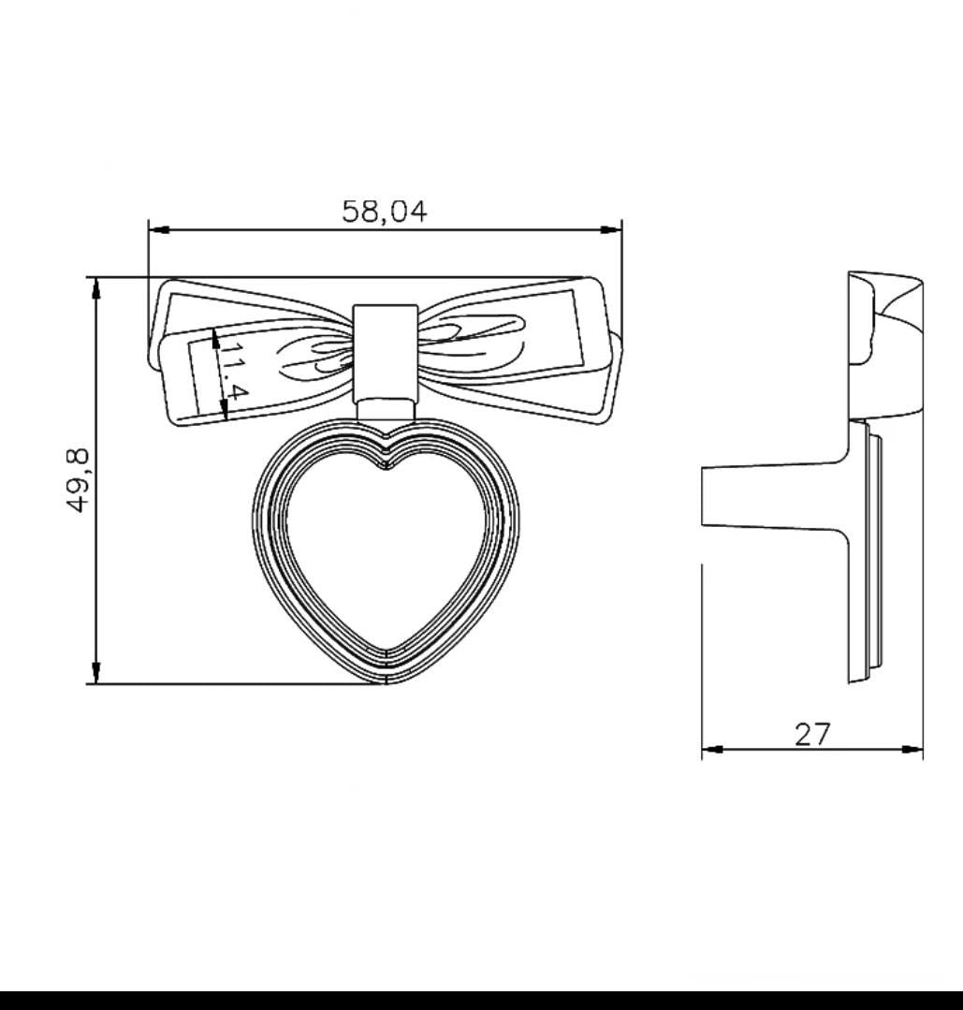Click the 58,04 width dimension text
pos(384,212)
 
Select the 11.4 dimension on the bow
pos(228,373)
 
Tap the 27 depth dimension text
pos(811,735)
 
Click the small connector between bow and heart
pos(385,409)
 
